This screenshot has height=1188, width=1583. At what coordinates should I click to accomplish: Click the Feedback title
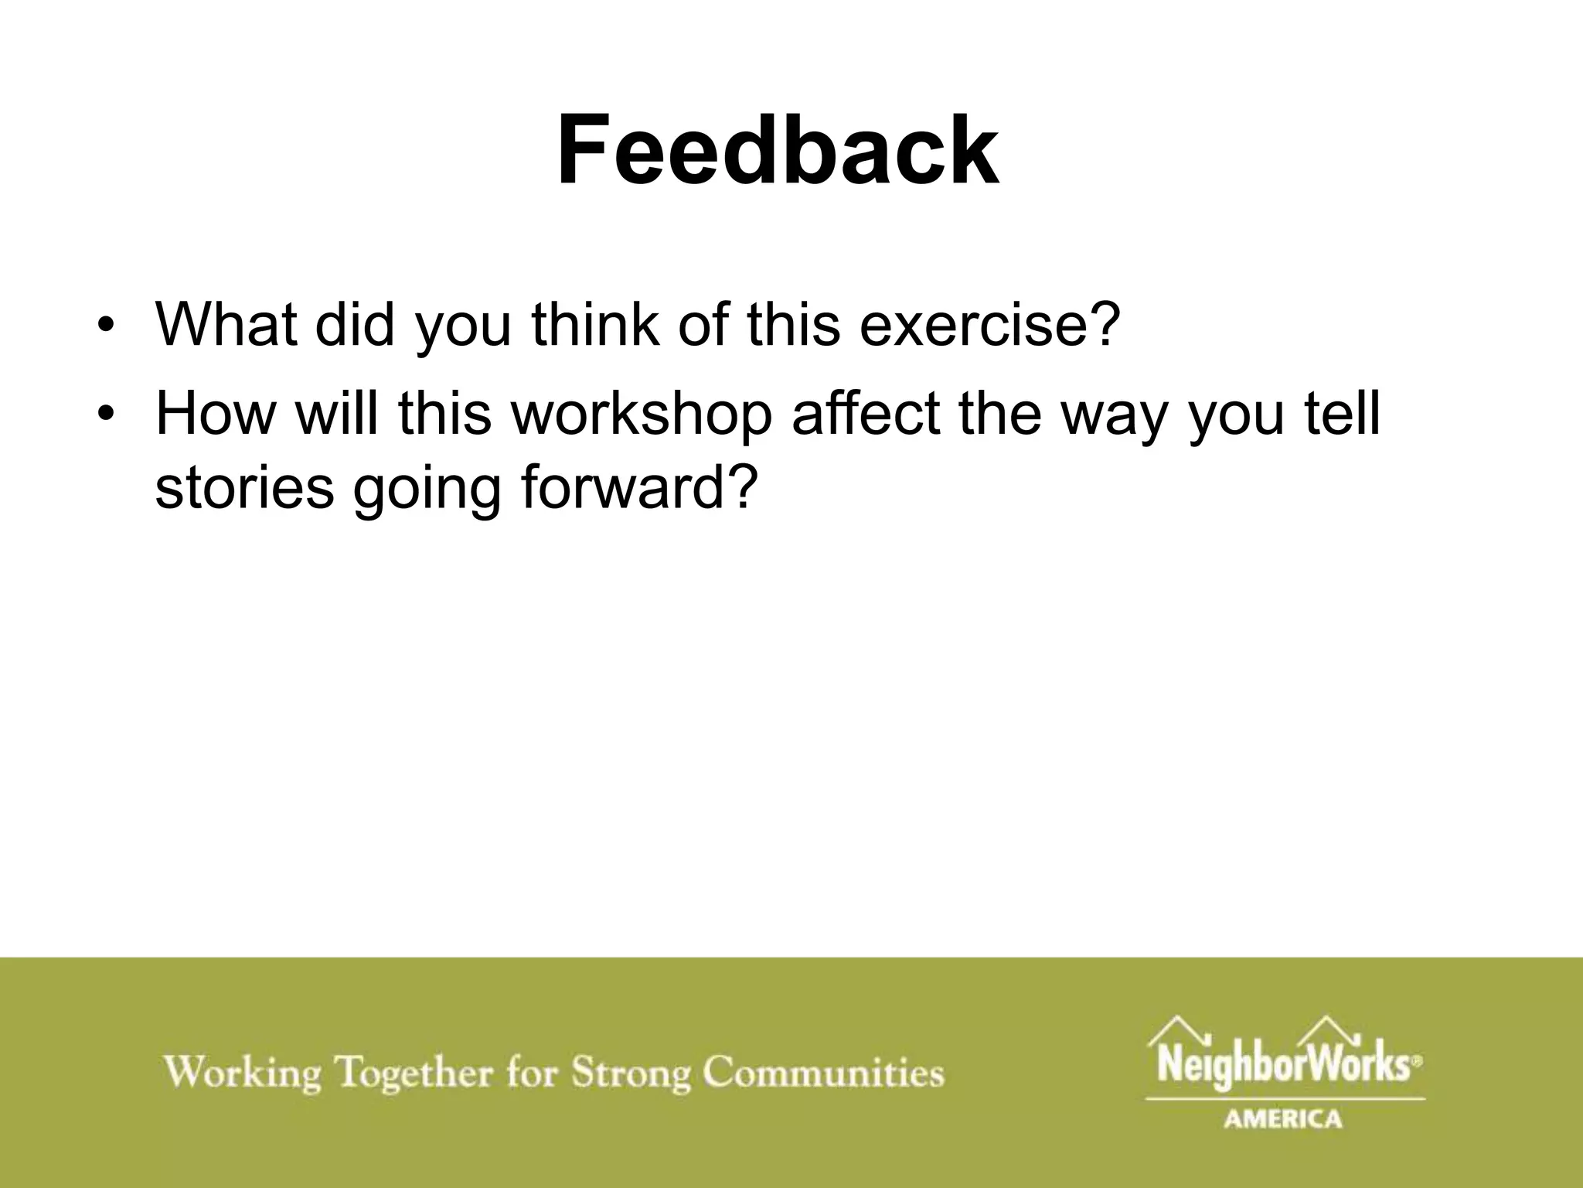tap(778, 151)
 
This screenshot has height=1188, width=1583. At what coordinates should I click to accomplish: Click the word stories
tap(244, 487)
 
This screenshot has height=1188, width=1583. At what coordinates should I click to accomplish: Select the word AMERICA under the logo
tap(1283, 1118)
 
